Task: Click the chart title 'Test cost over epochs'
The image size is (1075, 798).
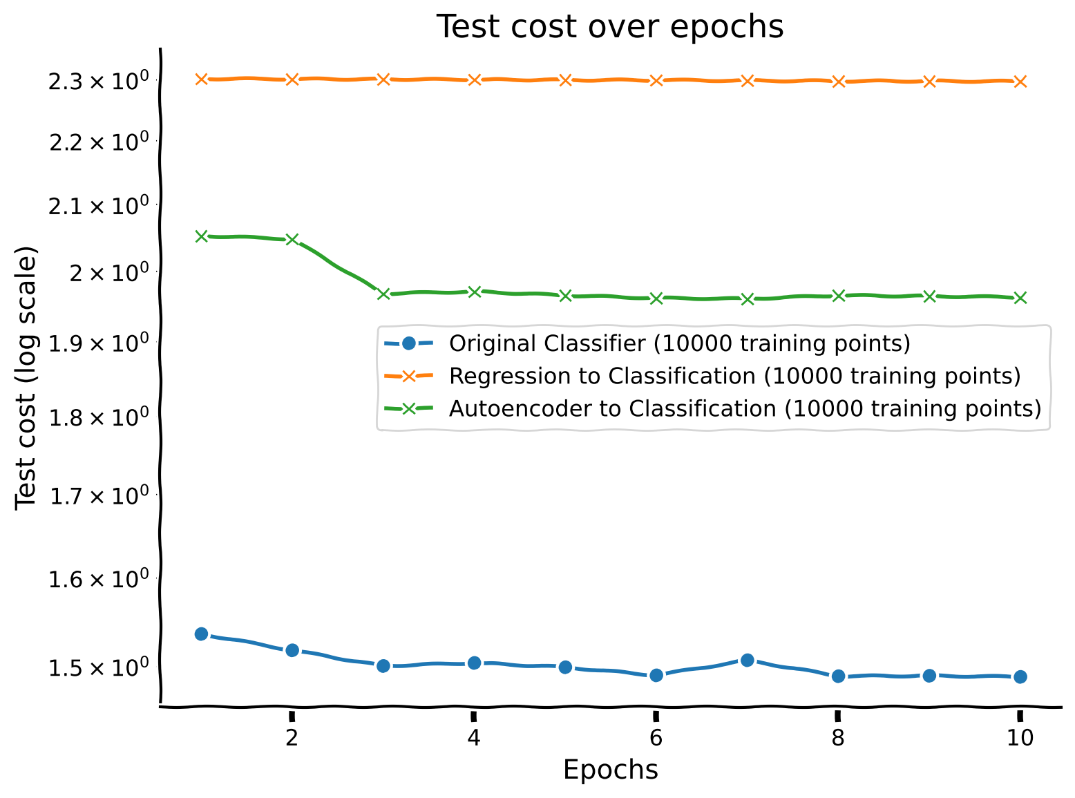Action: click(610, 28)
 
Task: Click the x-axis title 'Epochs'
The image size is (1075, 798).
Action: click(610, 769)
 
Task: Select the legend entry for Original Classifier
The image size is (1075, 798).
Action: click(679, 343)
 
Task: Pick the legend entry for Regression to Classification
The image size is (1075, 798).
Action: click(734, 376)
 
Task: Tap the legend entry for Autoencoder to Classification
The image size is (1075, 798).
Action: click(744, 408)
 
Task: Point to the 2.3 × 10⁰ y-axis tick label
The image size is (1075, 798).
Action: click(97, 82)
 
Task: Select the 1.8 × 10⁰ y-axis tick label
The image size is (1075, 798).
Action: click(97, 417)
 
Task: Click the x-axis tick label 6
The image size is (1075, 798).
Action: click(656, 739)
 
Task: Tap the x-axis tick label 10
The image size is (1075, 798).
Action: click(1020, 739)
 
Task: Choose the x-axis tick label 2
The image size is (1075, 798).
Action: click(292, 739)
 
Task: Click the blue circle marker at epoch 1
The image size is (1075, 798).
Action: click(201, 634)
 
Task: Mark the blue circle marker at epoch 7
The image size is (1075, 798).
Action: click(747, 661)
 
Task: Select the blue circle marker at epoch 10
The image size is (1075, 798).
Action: click(1020, 676)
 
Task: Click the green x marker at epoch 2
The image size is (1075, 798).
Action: click(292, 240)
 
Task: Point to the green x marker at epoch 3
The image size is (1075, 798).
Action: click(383, 294)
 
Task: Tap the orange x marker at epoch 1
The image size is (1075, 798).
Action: click(201, 79)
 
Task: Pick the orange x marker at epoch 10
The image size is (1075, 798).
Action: click(1020, 82)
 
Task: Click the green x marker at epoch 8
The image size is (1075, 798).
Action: click(838, 296)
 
